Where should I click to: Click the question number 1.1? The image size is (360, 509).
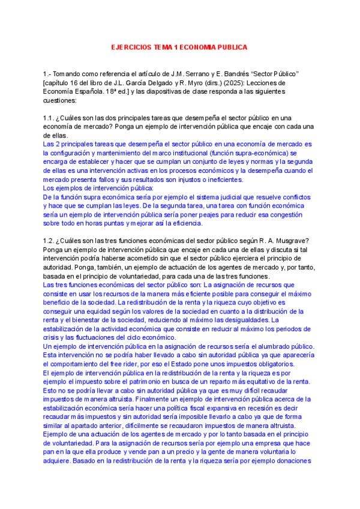(x=50, y=118)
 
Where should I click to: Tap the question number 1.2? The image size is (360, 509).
(x=50, y=241)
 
